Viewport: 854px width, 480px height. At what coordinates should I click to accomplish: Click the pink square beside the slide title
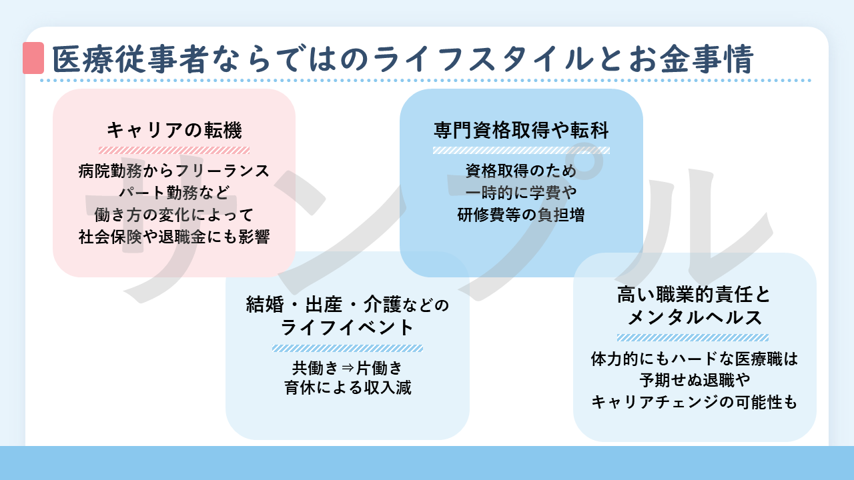pyautogui.click(x=33, y=58)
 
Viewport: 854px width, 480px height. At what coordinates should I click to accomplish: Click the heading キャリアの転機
pyautogui.click(x=174, y=129)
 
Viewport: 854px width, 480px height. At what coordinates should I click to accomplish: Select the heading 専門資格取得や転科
pyautogui.click(x=521, y=129)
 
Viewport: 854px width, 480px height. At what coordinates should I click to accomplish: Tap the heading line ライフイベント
pyautogui.click(x=347, y=328)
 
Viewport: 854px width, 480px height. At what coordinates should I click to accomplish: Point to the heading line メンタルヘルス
pyautogui.click(x=695, y=317)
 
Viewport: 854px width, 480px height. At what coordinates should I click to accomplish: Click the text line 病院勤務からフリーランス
pyautogui.click(x=174, y=171)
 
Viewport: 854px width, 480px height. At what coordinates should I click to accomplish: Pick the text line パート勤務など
pyautogui.click(x=174, y=193)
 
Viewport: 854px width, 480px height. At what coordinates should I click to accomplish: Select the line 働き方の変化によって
pyautogui.click(x=174, y=215)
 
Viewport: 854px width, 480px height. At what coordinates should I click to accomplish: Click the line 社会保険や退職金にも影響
pyautogui.click(x=174, y=237)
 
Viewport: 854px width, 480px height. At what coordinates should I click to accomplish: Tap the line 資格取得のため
pyautogui.click(x=521, y=171)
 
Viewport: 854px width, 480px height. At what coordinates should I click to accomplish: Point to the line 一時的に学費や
pyautogui.click(x=521, y=193)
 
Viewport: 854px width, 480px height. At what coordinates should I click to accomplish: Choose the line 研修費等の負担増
pyautogui.click(x=521, y=215)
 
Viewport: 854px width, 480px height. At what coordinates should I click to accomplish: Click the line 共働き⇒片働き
pyautogui.click(x=347, y=367)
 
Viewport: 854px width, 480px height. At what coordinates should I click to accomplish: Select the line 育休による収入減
pyautogui.click(x=347, y=387)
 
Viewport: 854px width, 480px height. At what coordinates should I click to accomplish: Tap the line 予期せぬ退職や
pyautogui.click(x=695, y=381)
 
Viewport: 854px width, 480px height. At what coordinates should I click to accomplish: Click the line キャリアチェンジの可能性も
pyautogui.click(x=695, y=403)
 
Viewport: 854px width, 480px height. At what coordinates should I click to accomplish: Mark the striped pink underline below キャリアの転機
pyautogui.click(x=174, y=150)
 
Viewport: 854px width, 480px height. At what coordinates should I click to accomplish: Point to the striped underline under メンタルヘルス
pyautogui.click(x=693, y=338)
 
